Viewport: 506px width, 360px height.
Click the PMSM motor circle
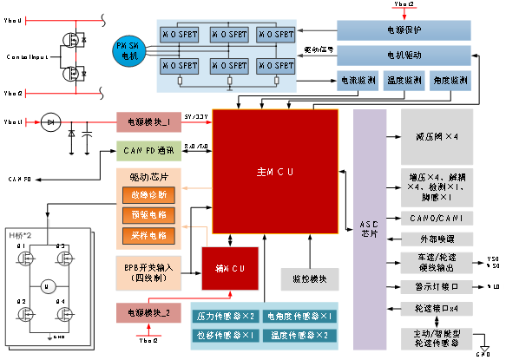pyautogui.click(x=128, y=49)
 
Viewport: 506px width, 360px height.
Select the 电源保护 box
pyautogui.click(x=404, y=29)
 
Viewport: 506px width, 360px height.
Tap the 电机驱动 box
pyautogui.click(x=404, y=56)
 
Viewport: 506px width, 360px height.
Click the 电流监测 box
pyautogui.click(x=357, y=81)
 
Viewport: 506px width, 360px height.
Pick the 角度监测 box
pyautogui.click(x=453, y=81)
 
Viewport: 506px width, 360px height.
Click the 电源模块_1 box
pyautogui.click(x=148, y=122)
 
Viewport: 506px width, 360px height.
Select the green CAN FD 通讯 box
pyautogui.click(x=148, y=151)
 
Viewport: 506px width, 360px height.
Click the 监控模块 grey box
pyautogui.click(x=304, y=278)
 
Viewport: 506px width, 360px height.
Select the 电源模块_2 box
pyautogui.click(x=148, y=311)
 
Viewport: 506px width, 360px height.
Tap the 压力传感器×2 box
pyautogui.click(x=224, y=317)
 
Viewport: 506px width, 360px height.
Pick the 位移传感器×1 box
pyautogui.click(x=224, y=335)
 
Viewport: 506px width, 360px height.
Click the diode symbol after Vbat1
pyautogui.click(x=51, y=122)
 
